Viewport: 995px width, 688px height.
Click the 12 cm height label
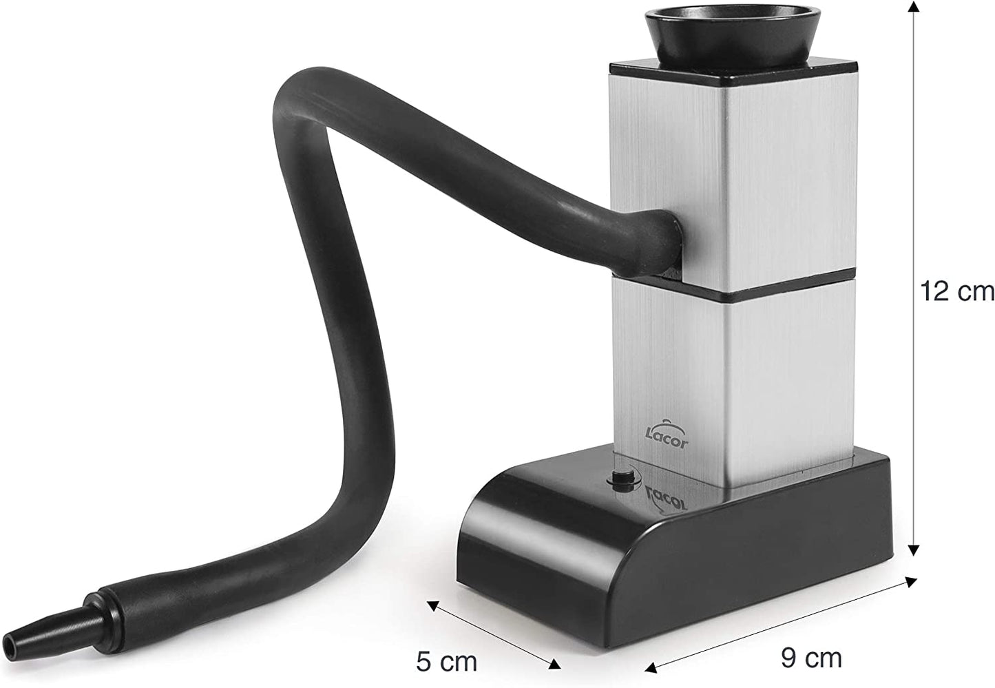click(x=956, y=292)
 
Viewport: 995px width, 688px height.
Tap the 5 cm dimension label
click(x=446, y=662)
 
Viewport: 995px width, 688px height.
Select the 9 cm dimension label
click(x=811, y=657)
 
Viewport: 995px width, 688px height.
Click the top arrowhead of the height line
click(x=913, y=6)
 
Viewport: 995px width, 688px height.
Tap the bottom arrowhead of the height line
click(x=913, y=550)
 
